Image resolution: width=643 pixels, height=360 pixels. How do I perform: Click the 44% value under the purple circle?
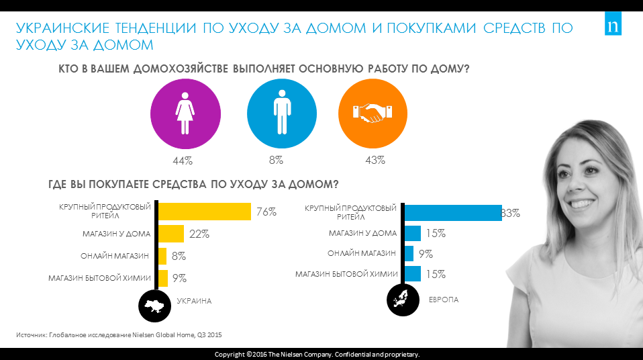point(183,161)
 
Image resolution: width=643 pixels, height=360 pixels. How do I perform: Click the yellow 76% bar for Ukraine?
point(204,212)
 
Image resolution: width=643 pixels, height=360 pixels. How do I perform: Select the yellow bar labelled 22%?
point(171,234)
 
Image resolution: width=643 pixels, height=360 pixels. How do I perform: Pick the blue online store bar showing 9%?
point(409,254)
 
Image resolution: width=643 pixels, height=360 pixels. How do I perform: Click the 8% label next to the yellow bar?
point(179,256)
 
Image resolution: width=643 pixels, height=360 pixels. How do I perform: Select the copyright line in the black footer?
point(317,354)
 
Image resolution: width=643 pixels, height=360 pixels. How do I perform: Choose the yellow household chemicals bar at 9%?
point(162,277)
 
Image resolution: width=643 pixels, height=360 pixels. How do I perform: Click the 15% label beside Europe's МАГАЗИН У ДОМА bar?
point(436,234)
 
